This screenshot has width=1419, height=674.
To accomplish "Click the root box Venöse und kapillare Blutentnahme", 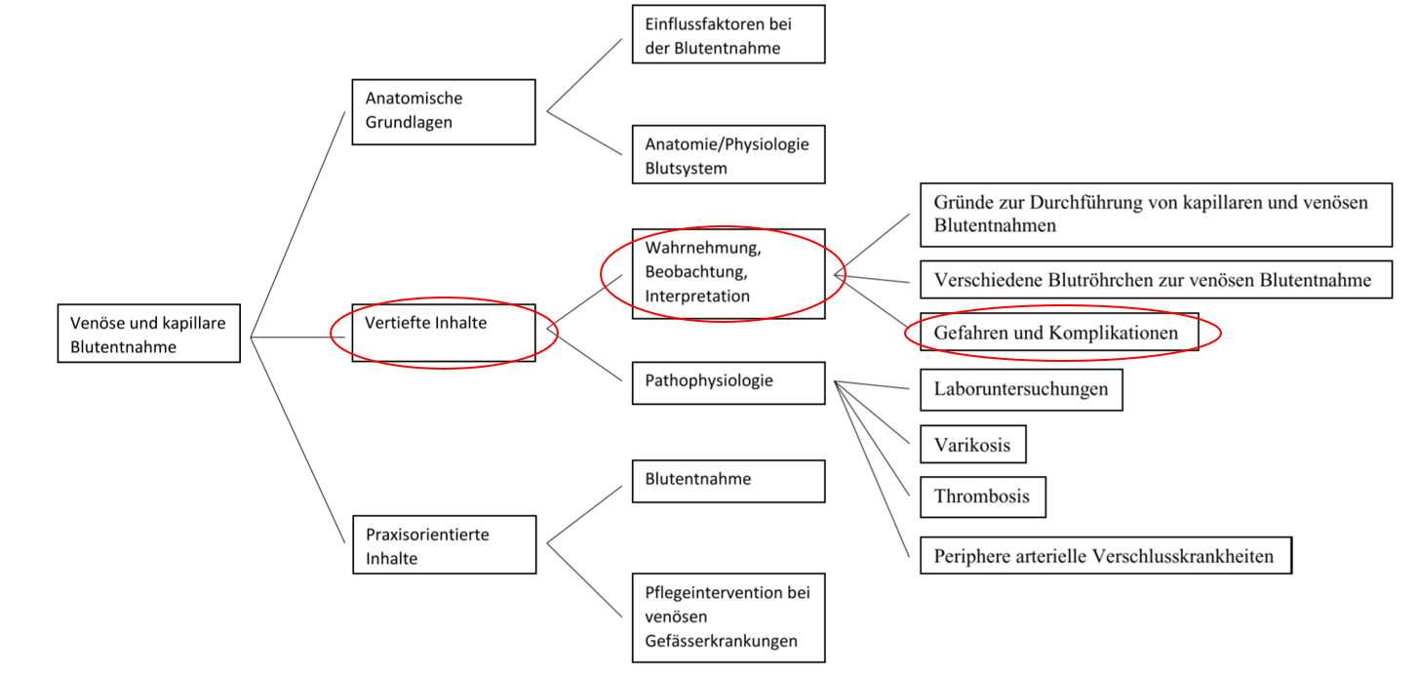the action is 149,334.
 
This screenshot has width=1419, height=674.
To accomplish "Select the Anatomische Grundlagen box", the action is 444,112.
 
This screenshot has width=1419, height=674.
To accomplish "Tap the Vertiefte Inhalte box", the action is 444,333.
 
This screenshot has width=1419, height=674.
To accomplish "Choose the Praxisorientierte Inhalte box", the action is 444,545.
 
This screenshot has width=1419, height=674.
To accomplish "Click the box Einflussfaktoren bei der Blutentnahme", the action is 729,34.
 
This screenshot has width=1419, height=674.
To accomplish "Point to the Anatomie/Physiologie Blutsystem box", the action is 729,154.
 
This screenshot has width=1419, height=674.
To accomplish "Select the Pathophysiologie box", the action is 729,383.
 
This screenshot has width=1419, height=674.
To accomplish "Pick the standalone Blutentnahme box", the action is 729,482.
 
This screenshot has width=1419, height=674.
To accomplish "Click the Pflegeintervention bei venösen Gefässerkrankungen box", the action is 729,617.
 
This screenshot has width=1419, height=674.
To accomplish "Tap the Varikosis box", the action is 973,444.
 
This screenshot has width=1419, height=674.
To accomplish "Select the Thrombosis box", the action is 982,497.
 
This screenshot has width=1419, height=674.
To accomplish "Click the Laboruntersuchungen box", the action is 1021,389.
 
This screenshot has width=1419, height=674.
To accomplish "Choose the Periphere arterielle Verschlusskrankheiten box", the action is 1106,556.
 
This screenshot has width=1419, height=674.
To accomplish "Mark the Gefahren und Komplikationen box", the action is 1059,332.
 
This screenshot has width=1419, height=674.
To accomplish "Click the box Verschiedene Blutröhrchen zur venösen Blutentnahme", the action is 1156,279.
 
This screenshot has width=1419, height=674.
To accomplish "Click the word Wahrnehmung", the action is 703,248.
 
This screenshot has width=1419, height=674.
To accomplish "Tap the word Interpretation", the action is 697,296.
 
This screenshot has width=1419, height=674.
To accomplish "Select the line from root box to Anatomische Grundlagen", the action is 297,224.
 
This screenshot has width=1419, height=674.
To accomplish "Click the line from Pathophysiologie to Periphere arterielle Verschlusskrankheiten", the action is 872,469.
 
